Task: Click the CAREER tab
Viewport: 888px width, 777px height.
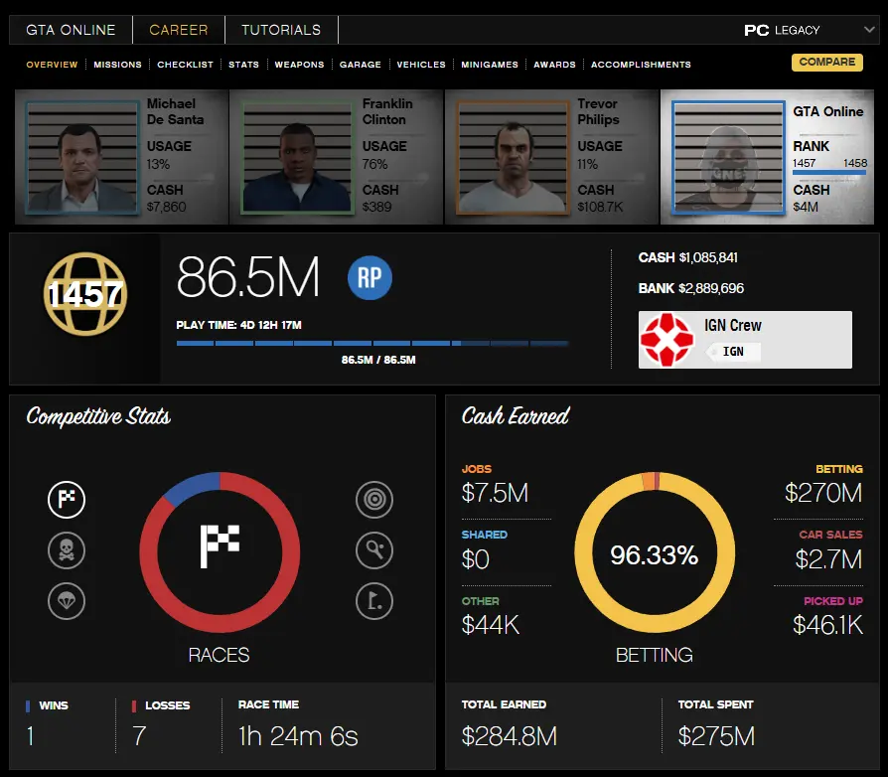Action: pyautogui.click(x=179, y=30)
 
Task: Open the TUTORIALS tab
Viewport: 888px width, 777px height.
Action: pyautogui.click(x=281, y=30)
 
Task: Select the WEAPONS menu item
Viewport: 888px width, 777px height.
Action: pyautogui.click(x=299, y=65)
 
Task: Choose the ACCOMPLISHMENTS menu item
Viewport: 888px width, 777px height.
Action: pyautogui.click(x=641, y=65)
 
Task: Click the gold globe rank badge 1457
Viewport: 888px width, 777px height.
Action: pyautogui.click(x=84, y=293)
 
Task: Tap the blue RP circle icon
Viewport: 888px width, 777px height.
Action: pyautogui.click(x=370, y=278)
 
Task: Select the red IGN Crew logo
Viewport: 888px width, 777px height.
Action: pyautogui.click(x=666, y=340)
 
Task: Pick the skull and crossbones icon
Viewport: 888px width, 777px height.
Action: pyautogui.click(x=67, y=549)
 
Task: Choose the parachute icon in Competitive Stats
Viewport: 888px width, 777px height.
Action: pyautogui.click(x=67, y=600)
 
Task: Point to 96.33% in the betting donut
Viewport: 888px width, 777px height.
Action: pyautogui.click(x=654, y=555)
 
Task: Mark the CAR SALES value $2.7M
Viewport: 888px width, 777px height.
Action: pyautogui.click(x=828, y=559)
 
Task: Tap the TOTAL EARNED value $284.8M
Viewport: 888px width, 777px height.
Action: pyautogui.click(x=509, y=736)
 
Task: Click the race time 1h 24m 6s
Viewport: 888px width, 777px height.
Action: pyautogui.click(x=298, y=736)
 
